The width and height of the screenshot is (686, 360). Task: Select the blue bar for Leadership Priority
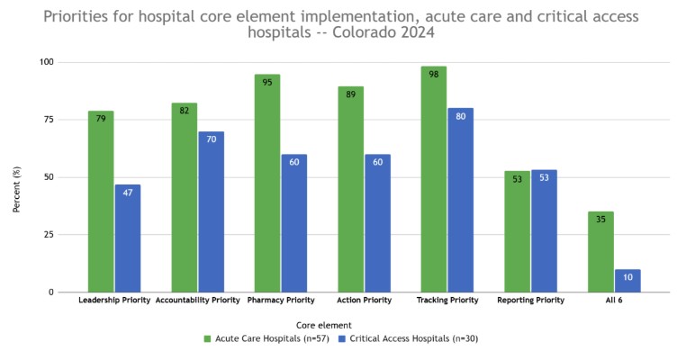(128, 238)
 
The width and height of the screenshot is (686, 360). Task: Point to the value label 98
(434, 74)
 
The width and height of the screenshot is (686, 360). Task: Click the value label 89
(350, 94)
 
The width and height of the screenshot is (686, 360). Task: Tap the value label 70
(211, 139)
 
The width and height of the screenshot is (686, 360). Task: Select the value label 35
(600, 219)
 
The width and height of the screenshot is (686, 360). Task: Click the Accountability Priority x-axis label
(198, 301)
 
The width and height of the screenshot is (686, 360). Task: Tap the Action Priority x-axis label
(364, 301)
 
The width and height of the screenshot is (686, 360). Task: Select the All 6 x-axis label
(614, 301)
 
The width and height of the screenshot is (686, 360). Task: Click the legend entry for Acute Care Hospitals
(266, 339)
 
